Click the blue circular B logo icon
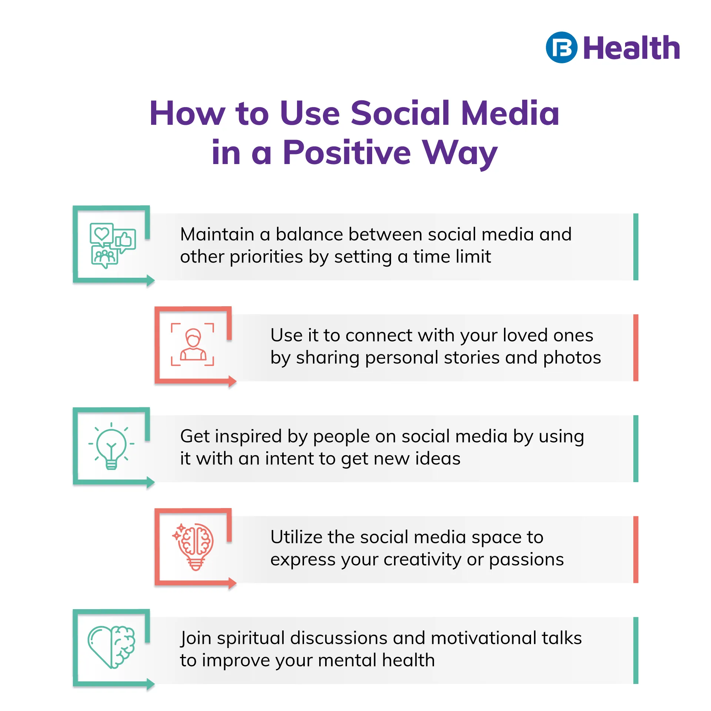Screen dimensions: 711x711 coord(561,47)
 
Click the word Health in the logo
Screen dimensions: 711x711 coord(631,48)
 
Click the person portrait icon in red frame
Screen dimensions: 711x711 coord(193,344)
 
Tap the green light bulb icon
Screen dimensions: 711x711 coord(111,446)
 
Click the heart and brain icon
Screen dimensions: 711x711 coord(111,647)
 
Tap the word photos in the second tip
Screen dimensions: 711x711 coord(572,358)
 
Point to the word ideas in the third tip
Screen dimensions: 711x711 coord(438,458)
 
